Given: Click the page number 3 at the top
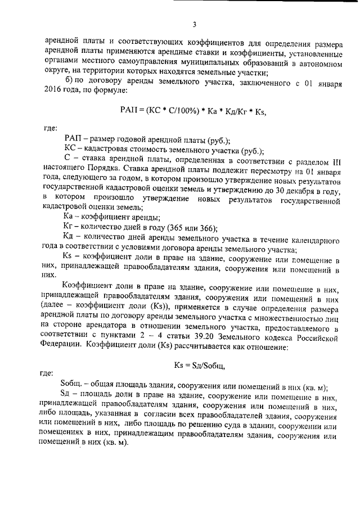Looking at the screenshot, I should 194,25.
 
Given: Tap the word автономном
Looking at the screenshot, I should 319,64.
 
